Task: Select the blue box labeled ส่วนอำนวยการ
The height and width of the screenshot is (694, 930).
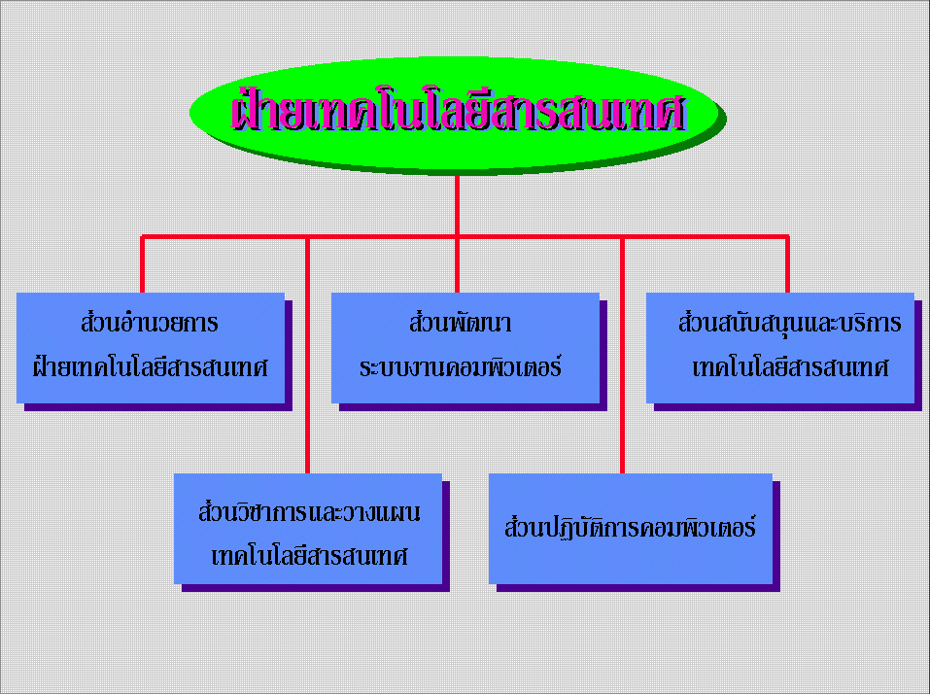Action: [150, 348]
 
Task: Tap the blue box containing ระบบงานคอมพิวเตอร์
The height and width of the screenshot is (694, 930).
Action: [465, 348]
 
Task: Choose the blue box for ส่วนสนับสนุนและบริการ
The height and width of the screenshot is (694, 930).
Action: [780, 348]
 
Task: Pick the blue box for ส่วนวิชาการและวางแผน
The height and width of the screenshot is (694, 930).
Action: [308, 529]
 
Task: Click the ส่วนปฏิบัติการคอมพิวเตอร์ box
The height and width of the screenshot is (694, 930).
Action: [631, 529]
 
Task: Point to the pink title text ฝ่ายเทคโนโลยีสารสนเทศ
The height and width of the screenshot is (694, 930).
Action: [459, 111]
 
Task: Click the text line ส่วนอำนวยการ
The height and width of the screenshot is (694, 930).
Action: [150, 324]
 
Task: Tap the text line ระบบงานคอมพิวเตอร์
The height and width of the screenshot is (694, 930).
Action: [461, 367]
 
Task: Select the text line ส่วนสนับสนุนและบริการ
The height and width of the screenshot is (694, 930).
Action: [789, 324]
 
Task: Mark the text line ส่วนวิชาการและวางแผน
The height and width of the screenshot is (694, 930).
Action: [309, 511]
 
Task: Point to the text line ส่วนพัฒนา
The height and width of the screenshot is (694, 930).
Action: [461, 324]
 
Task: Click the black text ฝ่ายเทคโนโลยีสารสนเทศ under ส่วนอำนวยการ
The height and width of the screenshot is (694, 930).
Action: [150, 366]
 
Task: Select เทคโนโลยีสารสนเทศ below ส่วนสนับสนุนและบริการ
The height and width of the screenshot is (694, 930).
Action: [790, 367]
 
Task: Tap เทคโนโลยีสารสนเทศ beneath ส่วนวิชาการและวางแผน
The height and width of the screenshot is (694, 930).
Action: [309, 556]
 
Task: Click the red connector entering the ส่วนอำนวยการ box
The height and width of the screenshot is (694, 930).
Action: [142, 264]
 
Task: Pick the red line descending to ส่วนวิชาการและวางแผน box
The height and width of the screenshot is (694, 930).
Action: [307, 355]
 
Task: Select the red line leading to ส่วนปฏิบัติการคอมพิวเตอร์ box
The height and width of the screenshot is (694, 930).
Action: [622, 355]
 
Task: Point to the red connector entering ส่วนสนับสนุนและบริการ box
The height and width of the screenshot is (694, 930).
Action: [787, 264]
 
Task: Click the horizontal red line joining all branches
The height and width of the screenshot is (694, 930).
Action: [465, 236]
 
